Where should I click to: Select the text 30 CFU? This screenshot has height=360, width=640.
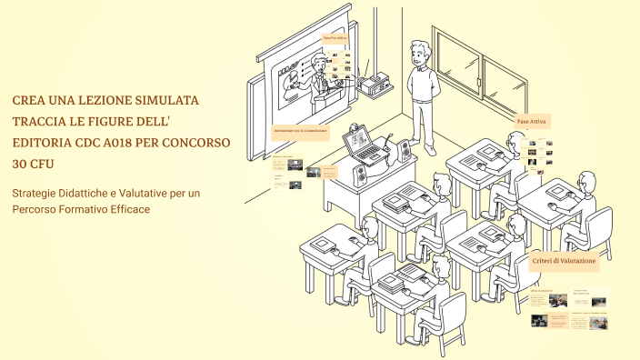pos(32,165)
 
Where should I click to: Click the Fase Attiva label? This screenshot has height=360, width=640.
pos(532,121)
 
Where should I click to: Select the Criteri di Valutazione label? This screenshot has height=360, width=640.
pos(565,261)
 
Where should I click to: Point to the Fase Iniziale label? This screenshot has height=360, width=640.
pos(335,37)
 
